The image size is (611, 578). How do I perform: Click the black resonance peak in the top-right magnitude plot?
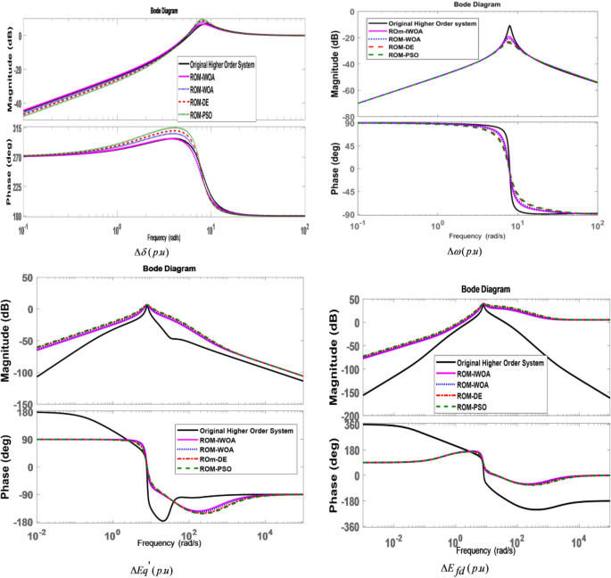click(509, 28)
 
